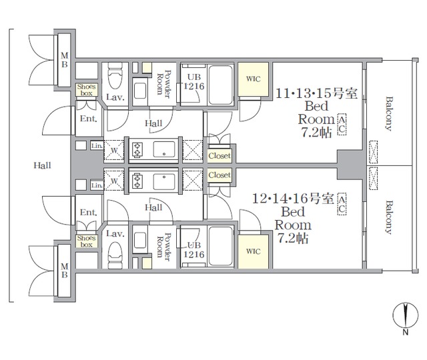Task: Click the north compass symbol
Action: pos(405,315)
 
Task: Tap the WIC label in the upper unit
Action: pos(254,79)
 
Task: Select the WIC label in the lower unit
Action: pos(254,251)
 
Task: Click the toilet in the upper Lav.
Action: pos(115,76)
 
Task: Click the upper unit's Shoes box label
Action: pos(86,90)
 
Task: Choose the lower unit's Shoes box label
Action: pos(86,241)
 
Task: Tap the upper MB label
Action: pos(64,60)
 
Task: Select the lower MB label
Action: pos(64,271)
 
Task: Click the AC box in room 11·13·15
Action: pos(342,125)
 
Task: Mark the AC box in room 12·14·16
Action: pos(342,205)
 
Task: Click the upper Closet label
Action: pos(220,156)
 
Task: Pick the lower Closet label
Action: pos(220,175)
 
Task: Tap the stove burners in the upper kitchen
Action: pos(137,150)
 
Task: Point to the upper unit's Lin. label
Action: pos(97,146)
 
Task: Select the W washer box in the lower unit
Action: pos(114,181)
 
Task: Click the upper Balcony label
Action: pos(389,114)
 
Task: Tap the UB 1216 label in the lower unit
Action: pos(194,250)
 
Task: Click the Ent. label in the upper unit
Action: pos(89,119)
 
